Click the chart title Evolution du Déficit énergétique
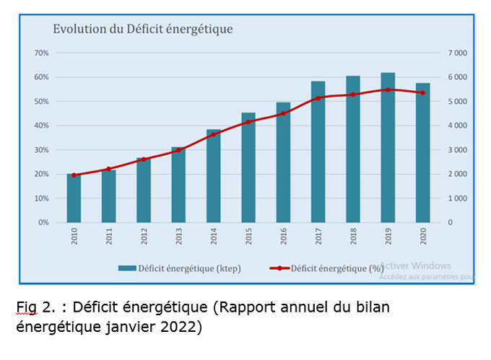pos(142,30)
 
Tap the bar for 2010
pos(74,198)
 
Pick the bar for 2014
pos(213,176)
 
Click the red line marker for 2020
pos(422,92)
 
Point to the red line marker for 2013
pos(178,150)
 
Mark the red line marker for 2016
pos(283,113)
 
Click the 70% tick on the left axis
pos(41,53)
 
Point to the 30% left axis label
pos(41,150)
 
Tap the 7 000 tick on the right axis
pos(457,53)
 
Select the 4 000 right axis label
pos(457,126)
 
